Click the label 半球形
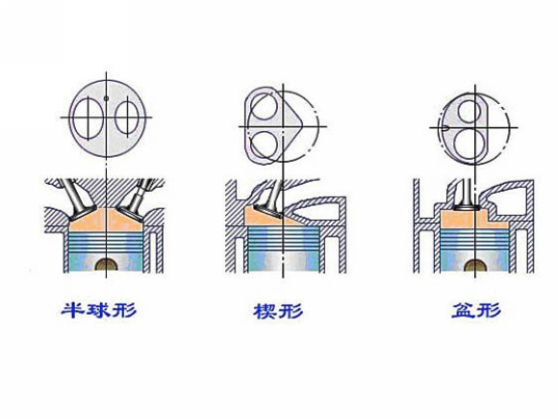pyautogui.click(x=99, y=310)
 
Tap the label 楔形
pyautogui.click(x=278, y=311)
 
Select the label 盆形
pyautogui.click(x=476, y=310)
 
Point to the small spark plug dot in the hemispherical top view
pyautogui.click(x=106, y=98)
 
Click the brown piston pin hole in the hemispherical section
pyautogui.click(x=107, y=265)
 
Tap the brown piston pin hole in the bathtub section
pyautogui.click(x=476, y=266)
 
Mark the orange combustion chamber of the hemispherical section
pyautogui.click(x=106, y=220)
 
